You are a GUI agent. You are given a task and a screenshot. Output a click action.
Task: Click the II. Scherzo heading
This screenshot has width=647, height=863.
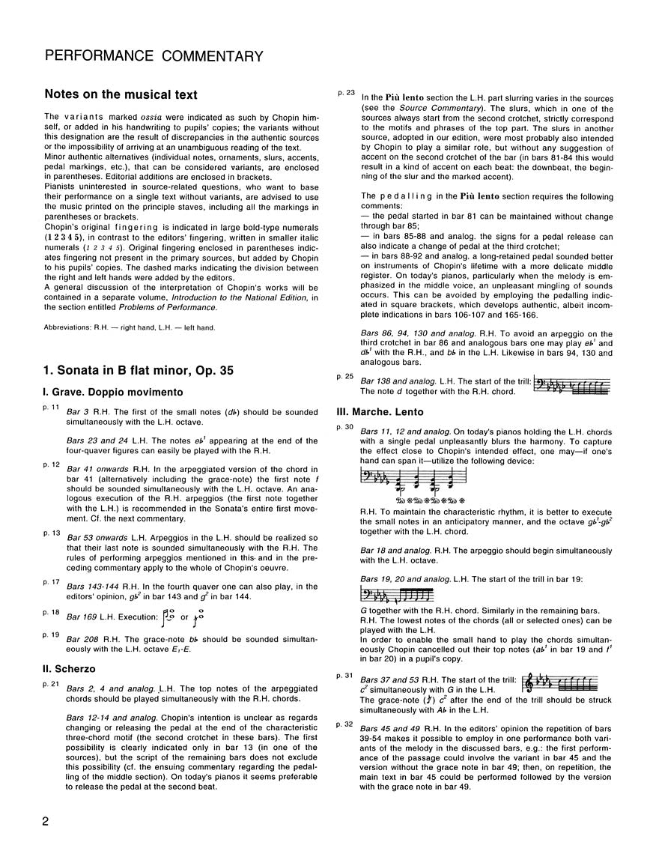coord(74,667)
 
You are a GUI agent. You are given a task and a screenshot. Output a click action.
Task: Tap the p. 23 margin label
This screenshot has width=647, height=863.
coord(345,92)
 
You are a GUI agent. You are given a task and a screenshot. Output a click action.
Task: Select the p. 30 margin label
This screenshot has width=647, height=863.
coord(345,426)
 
